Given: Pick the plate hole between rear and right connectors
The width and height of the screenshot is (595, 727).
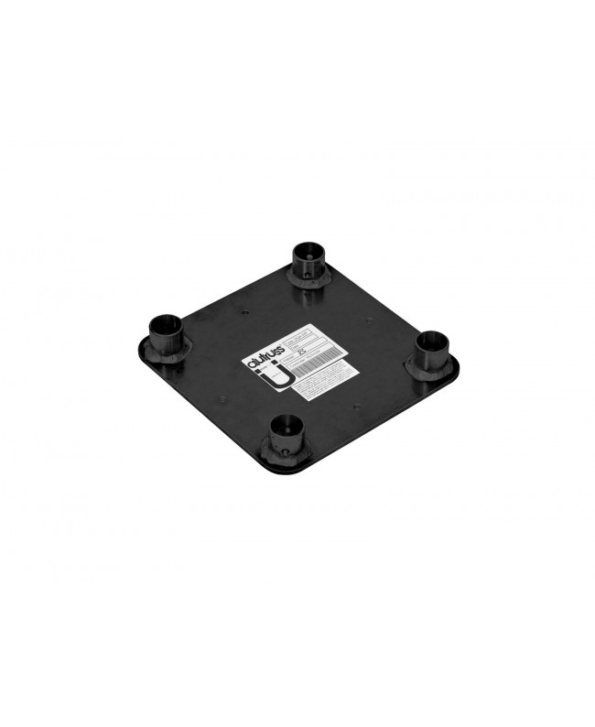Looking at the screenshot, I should [x=367, y=320].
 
